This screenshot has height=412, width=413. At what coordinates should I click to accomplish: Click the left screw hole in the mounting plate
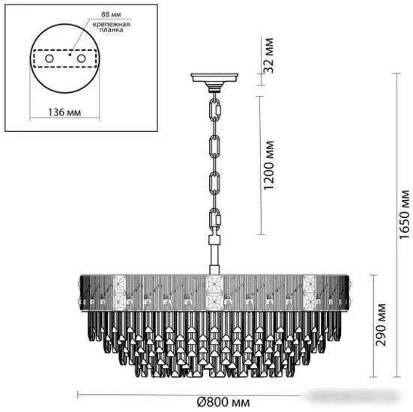(x=48, y=58)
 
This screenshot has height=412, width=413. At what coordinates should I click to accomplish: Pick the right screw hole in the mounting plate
(x=80, y=58)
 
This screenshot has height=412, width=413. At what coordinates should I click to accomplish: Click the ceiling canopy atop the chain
(x=214, y=77)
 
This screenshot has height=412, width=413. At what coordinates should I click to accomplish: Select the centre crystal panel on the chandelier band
(x=214, y=292)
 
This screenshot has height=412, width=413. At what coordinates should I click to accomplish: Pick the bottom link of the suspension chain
(x=215, y=222)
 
